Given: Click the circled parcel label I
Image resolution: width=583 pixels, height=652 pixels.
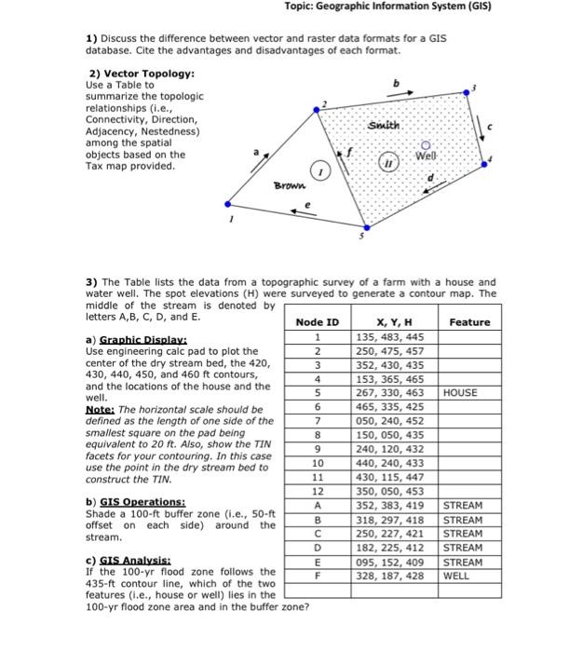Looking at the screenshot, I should point(319,171).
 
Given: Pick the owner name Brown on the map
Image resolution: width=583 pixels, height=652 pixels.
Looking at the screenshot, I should point(289,187).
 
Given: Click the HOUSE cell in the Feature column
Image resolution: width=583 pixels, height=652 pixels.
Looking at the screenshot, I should point(461,393).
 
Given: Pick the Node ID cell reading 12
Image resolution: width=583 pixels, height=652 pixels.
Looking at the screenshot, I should point(318,491).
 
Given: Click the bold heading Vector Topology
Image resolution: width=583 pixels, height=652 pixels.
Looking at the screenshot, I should point(142,73).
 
